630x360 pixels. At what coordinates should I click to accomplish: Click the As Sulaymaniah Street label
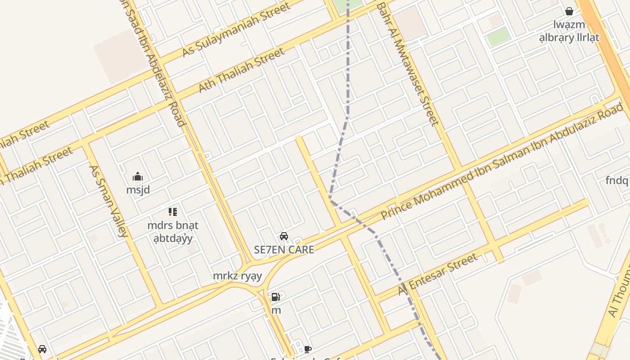[x=236, y=30]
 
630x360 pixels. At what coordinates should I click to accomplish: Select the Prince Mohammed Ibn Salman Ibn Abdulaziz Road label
[x=502, y=162]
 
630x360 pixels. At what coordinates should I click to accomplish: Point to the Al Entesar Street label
[x=437, y=274]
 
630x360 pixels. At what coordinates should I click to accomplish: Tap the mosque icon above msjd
[x=138, y=176]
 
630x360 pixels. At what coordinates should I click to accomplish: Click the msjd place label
[x=138, y=190]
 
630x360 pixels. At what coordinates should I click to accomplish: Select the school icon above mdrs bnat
[x=173, y=211]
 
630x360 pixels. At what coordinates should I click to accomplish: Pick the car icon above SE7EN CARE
[x=284, y=236]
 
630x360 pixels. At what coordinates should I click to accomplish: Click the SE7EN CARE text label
[x=284, y=250]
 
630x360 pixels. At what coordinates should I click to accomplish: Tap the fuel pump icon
[x=275, y=297]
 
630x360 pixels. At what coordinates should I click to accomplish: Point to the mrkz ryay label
[x=237, y=276]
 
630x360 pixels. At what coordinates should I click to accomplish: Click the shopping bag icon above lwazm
[x=569, y=11]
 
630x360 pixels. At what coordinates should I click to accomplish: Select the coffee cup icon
[x=308, y=349]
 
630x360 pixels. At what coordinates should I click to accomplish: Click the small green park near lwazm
[x=499, y=36]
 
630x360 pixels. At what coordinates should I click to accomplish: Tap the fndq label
[x=616, y=181]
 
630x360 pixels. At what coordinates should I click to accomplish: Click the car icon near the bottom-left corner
[x=42, y=349]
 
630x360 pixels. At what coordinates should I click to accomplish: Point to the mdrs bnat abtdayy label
[x=173, y=231]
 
